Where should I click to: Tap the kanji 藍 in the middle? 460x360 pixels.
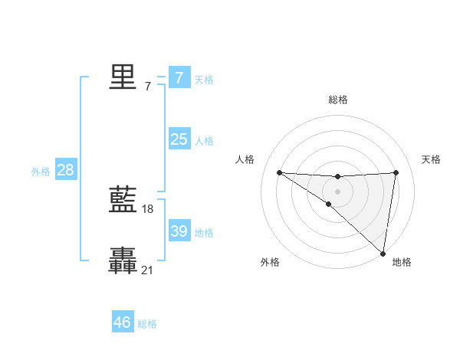123,200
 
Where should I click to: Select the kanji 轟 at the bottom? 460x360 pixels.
123,260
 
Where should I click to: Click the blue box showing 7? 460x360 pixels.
179,77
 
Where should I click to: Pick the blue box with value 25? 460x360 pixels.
179,139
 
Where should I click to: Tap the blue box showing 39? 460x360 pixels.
179,231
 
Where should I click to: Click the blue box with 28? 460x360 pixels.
65,170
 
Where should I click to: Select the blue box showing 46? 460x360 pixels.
123,322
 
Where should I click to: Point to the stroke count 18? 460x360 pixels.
148,208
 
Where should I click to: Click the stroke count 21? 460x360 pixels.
148,269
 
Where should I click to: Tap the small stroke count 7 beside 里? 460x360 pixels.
148,86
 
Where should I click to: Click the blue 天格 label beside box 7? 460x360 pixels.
204,79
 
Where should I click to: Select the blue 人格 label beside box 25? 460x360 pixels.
204,140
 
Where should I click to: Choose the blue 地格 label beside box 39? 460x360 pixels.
204,232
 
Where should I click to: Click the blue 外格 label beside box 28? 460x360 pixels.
41,172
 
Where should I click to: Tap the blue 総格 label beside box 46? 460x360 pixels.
147,324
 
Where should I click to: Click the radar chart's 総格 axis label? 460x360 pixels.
337,100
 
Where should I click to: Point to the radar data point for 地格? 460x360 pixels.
383,253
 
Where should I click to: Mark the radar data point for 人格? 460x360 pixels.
279,172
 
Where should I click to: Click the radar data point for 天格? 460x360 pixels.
396,172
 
